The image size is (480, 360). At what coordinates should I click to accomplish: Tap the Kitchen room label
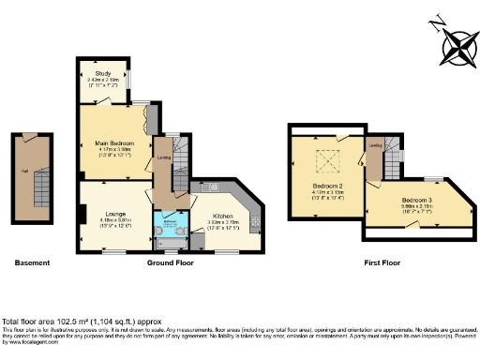point(220,215)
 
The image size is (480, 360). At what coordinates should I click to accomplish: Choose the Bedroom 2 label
point(327,186)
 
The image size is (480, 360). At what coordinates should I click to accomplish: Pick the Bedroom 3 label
point(417,201)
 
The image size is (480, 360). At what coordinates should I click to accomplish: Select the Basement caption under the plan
point(33,263)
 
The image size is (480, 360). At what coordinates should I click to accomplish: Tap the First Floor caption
point(384,263)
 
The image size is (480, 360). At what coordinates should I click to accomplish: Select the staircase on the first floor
point(393,155)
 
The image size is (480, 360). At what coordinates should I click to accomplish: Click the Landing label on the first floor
point(375,145)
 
